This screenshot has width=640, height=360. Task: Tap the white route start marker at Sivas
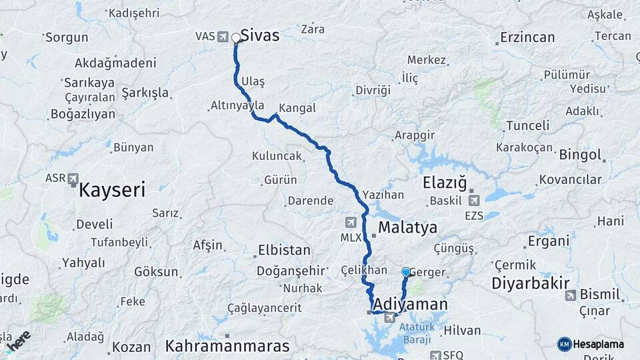pos(235,38)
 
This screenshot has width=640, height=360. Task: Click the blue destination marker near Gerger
pos(406,272)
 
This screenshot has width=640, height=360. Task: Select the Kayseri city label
pos(112,190)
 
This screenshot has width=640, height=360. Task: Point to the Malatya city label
pos(408,227)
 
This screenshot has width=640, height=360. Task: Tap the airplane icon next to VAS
pos(223,36)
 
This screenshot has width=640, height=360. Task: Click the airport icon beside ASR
pos(73,179)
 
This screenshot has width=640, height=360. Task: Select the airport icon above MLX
pos(351,222)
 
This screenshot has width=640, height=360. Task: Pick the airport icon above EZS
pos(474,199)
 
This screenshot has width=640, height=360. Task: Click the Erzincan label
pos(527,37)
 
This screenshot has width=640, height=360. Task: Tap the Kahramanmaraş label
pos(227,346)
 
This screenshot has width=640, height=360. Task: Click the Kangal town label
pos(297,108)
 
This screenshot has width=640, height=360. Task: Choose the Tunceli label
pos(527,125)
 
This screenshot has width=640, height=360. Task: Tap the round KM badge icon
pos(564,344)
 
